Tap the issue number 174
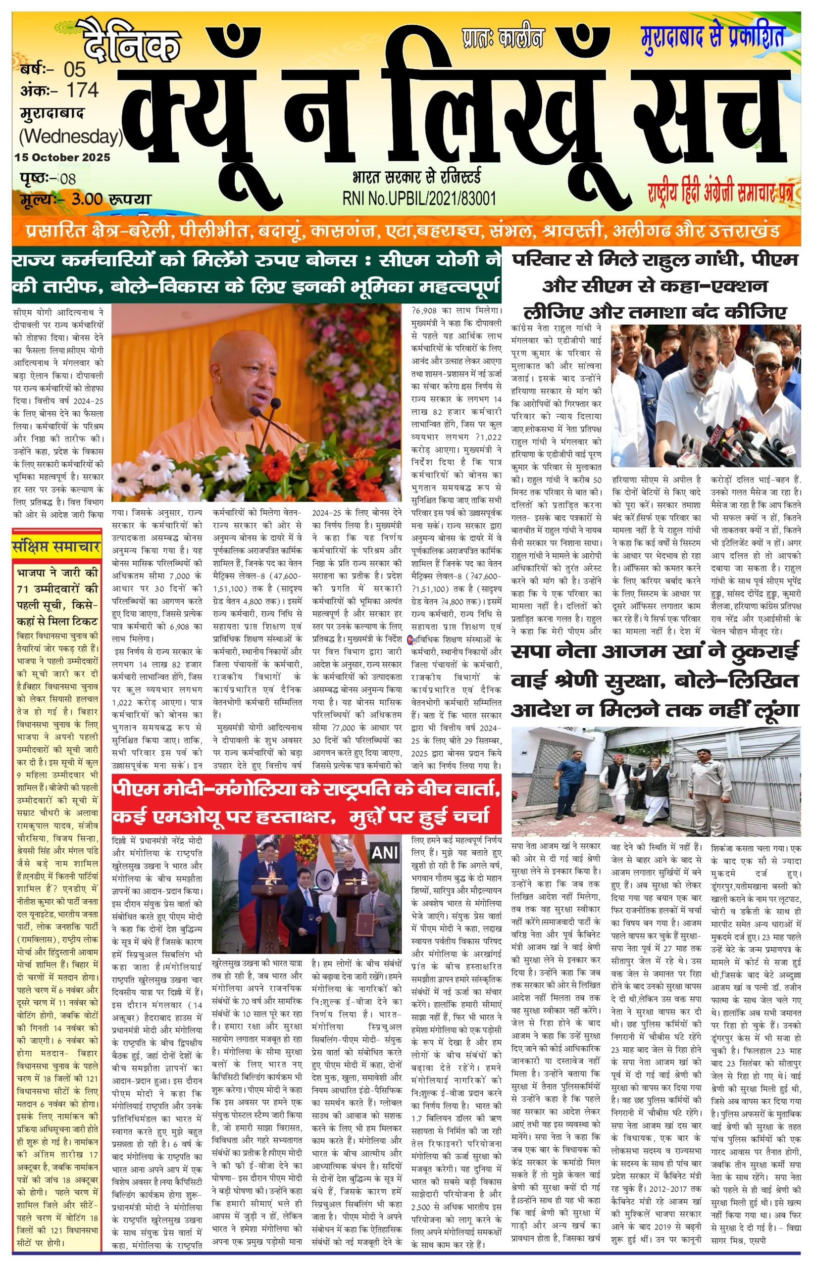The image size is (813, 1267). pos(82,90)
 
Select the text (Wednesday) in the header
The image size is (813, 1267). pos(71,137)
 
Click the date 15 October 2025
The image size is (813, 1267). pos(63,157)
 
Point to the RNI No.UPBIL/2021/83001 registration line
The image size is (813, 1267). pos(419,198)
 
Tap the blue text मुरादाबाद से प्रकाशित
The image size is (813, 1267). pos(712,35)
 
